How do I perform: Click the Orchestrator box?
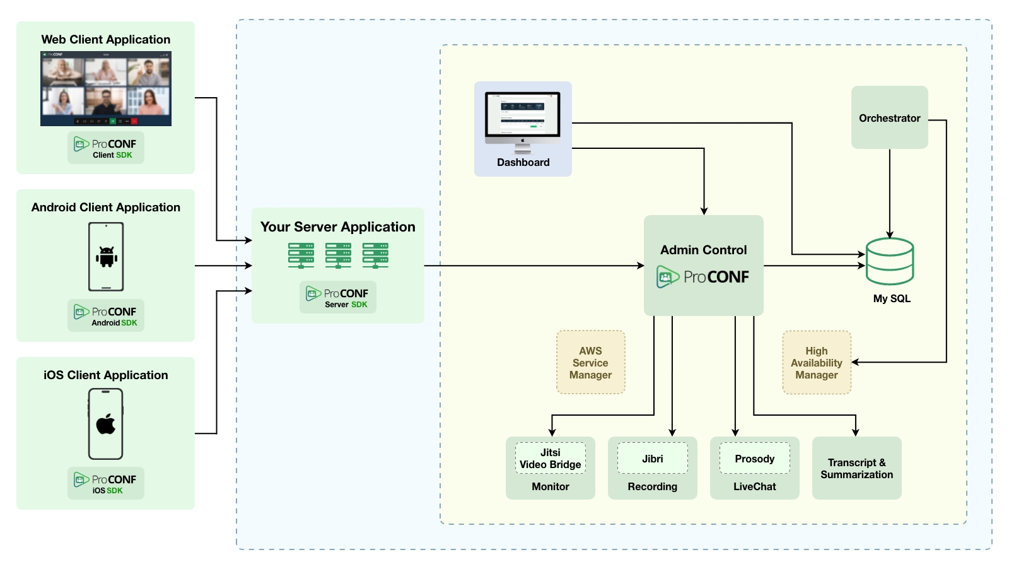[x=889, y=117]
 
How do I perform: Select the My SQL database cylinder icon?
[x=889, y=261]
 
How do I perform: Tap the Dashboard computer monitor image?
[x=522, y=120]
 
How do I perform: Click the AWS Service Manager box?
[x=590, y=363]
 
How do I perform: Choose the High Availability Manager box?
[x=816, y=363]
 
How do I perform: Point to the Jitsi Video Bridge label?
[x=550, y=459]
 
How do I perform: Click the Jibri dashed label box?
[x=652, y=459]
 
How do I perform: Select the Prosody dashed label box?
[x=754, y=459]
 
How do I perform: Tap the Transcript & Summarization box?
[x=856, y=468]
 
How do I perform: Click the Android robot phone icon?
[x=106, y=257]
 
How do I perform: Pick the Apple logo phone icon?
[x=106, y=424]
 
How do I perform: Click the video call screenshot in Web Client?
[x=106, y=88]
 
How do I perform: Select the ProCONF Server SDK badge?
[x=338, y=297]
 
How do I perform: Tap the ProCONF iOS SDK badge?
[x=106, y=483]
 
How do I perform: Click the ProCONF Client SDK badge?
[x=106, y=148]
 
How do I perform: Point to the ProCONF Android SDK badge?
[x=106, y=315]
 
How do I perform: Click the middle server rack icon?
[x=338, y=255]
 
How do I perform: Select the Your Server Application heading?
[x=338, y=227]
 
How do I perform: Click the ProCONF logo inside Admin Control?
[x=703, y=277]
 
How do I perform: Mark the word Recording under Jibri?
[x=652, y=486]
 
